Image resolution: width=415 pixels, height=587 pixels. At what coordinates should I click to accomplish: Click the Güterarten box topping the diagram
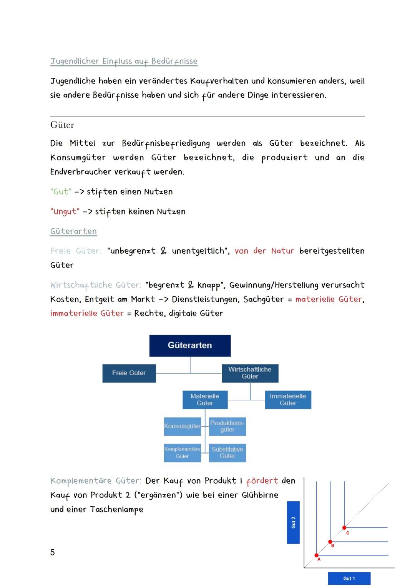tap(190, 345)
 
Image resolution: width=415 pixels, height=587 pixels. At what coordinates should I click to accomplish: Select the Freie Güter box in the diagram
tap(129, 373)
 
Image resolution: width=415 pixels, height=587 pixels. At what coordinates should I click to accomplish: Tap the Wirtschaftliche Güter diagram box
tap(250, 373)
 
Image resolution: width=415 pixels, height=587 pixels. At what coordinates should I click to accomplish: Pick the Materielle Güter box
tap(205, 399)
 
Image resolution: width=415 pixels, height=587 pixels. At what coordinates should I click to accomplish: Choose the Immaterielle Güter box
tap(288, 399)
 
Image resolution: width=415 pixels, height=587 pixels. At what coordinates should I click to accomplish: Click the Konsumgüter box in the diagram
tap(182, 426)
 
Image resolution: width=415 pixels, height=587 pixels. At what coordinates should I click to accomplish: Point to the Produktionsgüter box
tap(227, 426)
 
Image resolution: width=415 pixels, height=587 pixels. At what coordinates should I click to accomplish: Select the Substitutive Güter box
tap(227, 452)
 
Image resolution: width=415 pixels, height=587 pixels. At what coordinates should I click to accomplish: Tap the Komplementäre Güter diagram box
tap(182, 452)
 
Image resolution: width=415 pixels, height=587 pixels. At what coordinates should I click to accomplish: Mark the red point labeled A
tap(316, 555)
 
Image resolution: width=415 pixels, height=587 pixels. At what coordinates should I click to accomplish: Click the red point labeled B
tap(330, 542)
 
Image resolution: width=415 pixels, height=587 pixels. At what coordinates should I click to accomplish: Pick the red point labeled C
tap(344, 527)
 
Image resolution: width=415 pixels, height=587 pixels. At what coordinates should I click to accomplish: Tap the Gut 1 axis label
tap(349, 578)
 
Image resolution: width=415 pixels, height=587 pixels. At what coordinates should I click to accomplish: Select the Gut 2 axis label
tap(293, 522)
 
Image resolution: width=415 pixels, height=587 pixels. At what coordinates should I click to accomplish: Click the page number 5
tap(53, 552)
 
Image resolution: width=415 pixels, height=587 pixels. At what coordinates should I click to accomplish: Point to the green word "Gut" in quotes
tap(61, 191)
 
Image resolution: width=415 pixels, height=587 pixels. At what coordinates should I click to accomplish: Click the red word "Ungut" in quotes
tap(65, 211)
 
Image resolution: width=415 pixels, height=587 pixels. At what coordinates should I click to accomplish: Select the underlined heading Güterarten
tap(73, 231)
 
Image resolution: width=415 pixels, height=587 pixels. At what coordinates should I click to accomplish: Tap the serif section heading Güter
tap(62, 125)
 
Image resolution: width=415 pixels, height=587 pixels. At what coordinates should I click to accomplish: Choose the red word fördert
tap(262, 481)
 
